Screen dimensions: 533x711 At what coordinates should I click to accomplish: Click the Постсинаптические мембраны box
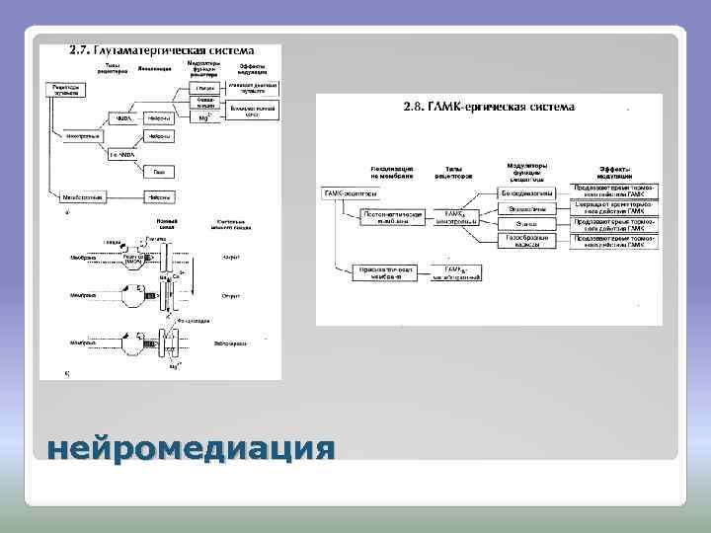393,217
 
